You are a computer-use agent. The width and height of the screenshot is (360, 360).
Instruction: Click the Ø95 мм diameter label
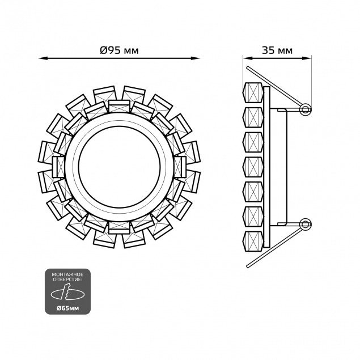click(120, 50)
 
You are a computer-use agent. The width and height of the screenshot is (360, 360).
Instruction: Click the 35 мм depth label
click(277, 50)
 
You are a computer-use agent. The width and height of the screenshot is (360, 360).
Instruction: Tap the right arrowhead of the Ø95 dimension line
click(196, 58)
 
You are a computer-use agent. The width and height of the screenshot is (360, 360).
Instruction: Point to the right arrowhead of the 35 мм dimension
click(307, 58)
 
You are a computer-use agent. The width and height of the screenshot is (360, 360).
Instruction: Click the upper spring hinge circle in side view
click(306, 109)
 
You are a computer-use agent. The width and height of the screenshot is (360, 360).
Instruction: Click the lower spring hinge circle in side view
click(306, 224)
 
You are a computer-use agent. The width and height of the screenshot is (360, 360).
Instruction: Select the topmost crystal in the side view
click(253, 92)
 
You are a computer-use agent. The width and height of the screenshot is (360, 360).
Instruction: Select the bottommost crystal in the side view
click(253, 242)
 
